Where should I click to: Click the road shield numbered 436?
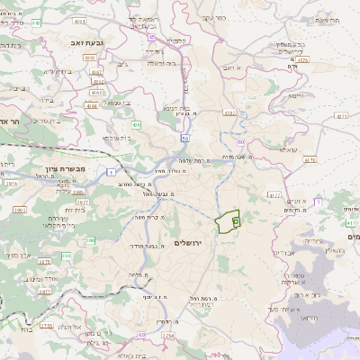pos(135,124)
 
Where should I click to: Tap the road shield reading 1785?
pos(47,326)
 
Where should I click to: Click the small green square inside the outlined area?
pos(236,220)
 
